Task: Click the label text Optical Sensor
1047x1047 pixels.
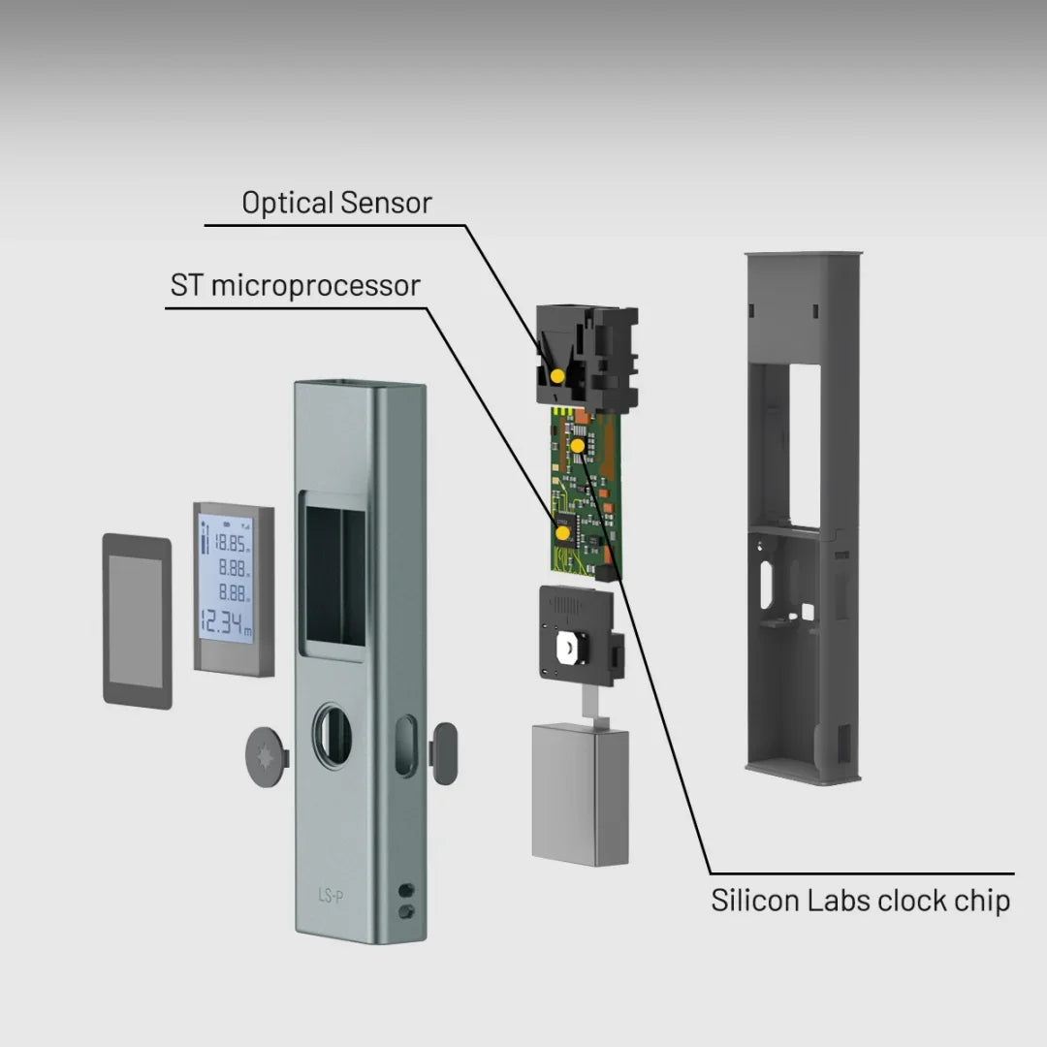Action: (x=336, y=203)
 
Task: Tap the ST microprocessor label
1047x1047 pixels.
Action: (x=296, y=286)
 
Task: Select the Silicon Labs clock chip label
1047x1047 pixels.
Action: (x=860, y=900)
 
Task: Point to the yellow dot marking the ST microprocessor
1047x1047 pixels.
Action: (x=562, y=530)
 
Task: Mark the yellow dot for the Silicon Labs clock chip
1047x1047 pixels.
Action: (x=579, y=445)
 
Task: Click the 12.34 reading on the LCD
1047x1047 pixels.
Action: (x=225, y=621)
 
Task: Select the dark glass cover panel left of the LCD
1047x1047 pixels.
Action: (x=137, y=620)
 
